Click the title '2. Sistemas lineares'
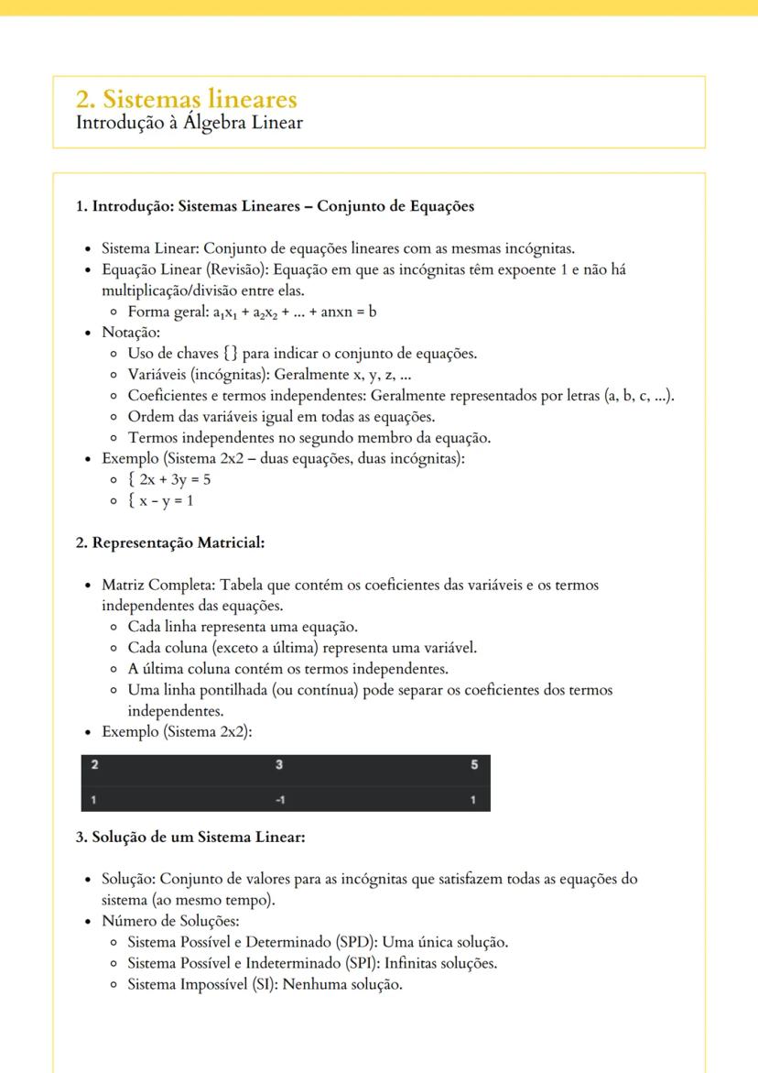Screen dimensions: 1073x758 click(187, 98)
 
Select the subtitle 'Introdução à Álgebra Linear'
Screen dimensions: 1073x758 click(189, 122)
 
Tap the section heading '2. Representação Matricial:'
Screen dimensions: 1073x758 click(169, 542)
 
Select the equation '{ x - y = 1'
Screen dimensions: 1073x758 click(160, 500)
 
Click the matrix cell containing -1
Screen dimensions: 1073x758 click(280, 800)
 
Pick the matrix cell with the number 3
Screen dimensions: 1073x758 click(279, 765)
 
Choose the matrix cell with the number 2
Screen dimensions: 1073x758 click(94, 765)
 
